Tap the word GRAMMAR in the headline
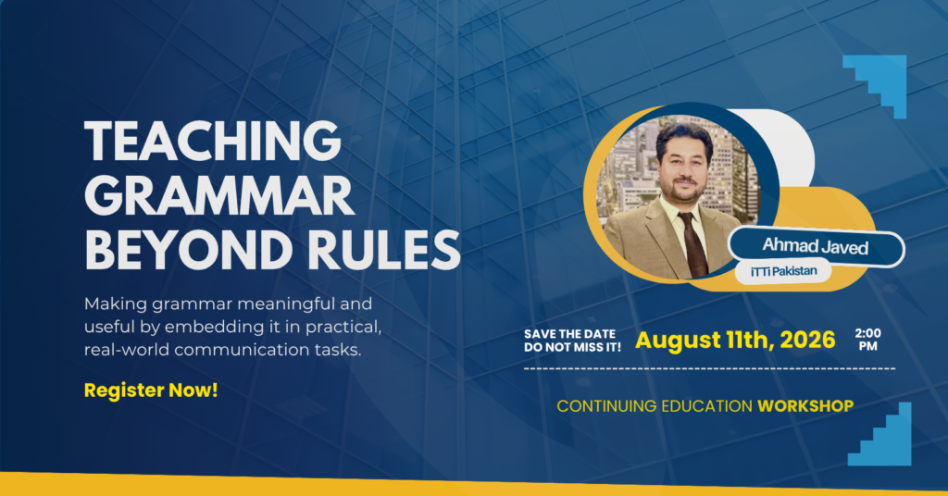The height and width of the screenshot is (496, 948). coord(219,195)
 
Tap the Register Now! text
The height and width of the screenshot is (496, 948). coord(151,391)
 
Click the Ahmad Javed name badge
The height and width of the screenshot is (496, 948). coord(816,246)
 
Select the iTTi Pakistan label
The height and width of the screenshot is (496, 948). coord(783,271)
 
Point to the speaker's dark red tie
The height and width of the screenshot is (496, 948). coord(693,243)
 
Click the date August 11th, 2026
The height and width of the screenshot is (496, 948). coord(735,341)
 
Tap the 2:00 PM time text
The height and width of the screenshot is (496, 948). coord(868,340)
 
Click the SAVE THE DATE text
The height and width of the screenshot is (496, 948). coord(569,334)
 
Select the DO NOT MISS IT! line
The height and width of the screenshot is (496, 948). coord(572,347)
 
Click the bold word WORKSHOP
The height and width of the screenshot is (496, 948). coord(806,406)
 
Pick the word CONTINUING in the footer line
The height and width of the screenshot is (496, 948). coord(606,406)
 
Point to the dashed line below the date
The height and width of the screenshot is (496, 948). coord(710,368)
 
